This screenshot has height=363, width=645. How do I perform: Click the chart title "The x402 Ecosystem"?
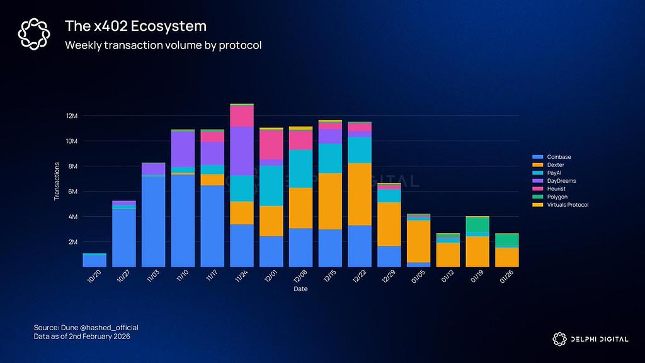click(135, 26)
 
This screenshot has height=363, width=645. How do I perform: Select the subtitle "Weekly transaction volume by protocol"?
click(163, 45)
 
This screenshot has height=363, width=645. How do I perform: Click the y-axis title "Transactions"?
click(57, 181)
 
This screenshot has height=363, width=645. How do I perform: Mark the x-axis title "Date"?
click(300, 289)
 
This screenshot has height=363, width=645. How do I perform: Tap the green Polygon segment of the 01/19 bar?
click(477, 224)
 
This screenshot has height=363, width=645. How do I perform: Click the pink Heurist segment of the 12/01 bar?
click(271, 145)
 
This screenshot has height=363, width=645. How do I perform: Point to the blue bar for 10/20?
click(94, 260)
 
